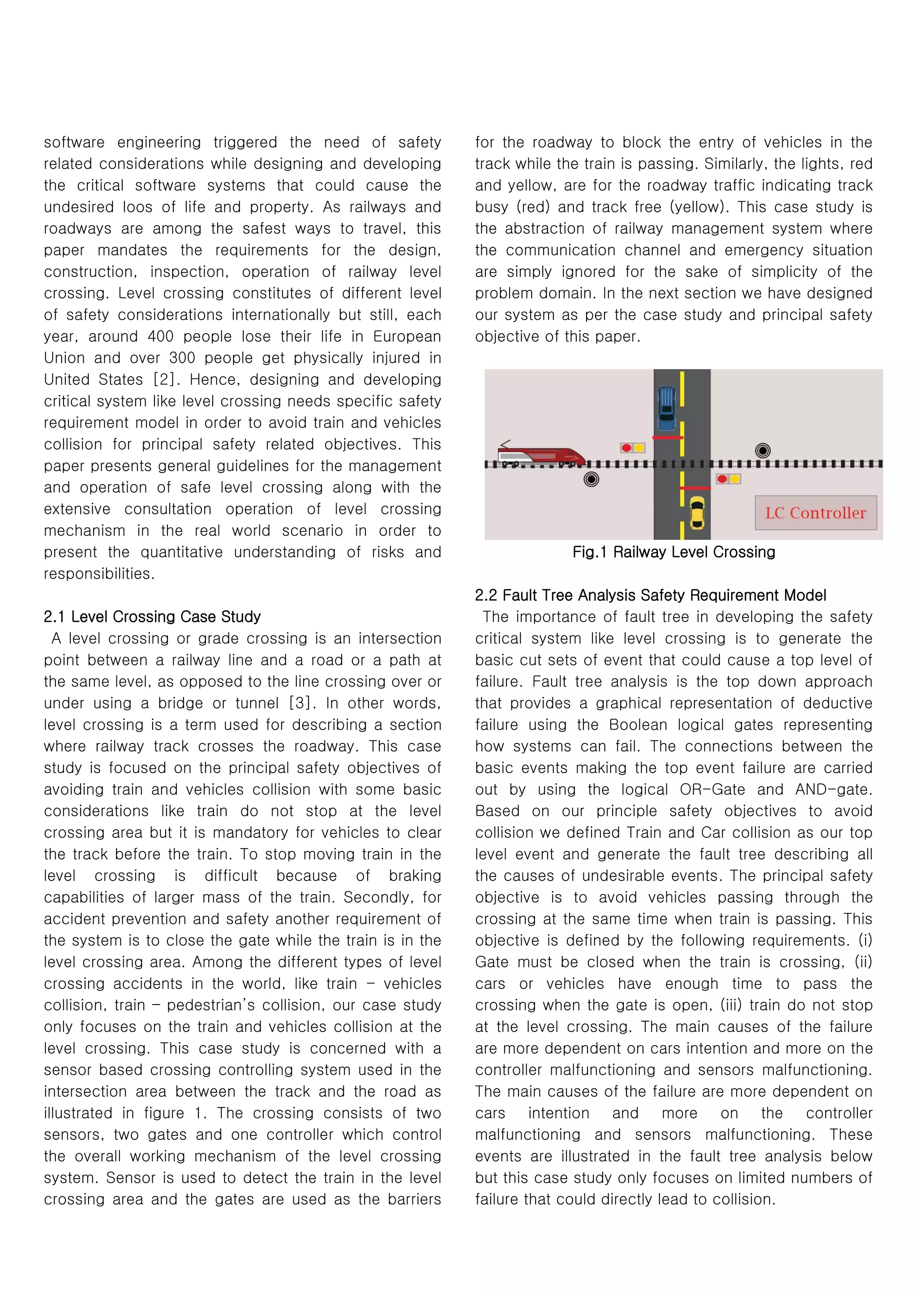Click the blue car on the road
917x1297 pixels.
coord(666,408)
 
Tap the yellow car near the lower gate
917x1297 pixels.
coord(697,512)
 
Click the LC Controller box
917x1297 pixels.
coord(815,513)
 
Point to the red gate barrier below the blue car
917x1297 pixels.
coord(668,437)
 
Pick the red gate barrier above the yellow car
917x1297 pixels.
coord(694,488)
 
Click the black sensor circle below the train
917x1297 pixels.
coord(591,480)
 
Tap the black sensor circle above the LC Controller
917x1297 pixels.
coord(763,450)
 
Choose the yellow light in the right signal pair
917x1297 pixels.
coord(735,479)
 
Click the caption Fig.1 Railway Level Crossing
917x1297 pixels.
coord(673,552)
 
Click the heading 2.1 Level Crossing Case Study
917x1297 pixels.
coord(152,616)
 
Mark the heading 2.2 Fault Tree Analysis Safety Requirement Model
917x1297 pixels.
coord(650,595)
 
